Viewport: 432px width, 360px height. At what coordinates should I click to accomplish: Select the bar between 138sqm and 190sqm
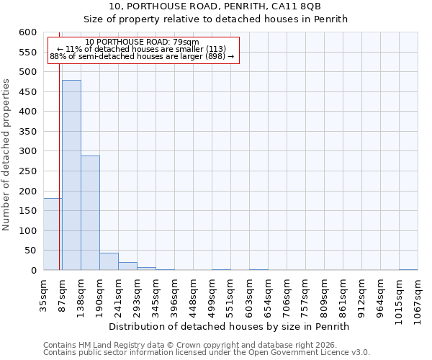coord(90,213)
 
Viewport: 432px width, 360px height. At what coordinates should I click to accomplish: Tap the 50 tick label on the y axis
coord(31,251)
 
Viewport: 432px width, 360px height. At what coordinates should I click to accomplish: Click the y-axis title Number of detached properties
coord(7,155)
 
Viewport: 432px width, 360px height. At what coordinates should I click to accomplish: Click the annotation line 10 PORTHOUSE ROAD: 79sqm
coord(141,42)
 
